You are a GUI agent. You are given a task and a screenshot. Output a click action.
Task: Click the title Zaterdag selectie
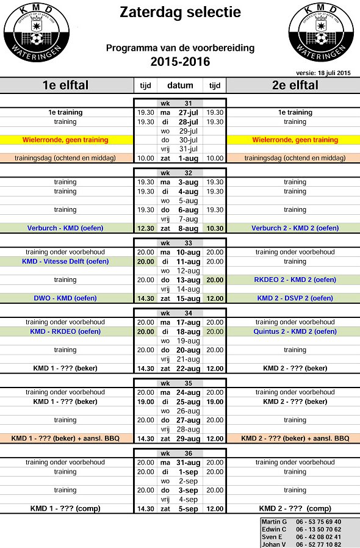pos(180,12)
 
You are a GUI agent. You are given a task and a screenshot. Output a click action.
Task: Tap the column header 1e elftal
pos(65,85)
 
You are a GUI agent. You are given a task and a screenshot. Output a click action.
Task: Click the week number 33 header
pos(180,243)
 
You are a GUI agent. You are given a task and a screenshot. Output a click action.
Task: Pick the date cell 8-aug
pos(188,228)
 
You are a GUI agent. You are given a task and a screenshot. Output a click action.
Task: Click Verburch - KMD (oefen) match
pos(65,228)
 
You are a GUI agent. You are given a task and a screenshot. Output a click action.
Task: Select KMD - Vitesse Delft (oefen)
pos(65,261)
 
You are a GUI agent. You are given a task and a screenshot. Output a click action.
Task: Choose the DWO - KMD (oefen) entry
pos(65,298)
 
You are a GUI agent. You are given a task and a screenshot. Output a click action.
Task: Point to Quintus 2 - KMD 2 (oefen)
pos(295,331)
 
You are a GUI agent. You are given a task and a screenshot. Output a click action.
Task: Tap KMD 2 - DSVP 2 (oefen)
pos(295,298)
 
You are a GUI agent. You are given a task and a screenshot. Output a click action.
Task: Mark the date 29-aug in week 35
pos(188,438)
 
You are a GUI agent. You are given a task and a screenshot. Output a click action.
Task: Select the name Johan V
pos(274,544)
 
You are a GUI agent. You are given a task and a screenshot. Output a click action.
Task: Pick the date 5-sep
pos(189,508)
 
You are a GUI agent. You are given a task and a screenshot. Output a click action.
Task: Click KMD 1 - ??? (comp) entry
pos(65,508)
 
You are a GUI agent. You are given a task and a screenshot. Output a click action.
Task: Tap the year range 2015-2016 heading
pos(180,62)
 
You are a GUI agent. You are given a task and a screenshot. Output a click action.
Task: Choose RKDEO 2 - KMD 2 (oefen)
pos(295,279)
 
